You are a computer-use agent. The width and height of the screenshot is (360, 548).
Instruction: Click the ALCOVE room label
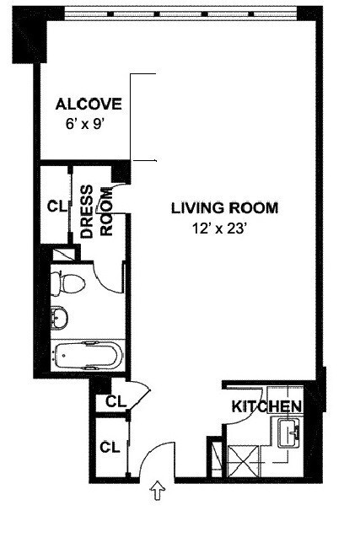click(x=89, y=105)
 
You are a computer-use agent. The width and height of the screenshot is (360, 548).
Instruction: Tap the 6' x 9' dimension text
click(x=89, y=122)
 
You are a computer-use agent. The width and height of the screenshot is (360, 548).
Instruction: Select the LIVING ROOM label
click(x=224, y=207)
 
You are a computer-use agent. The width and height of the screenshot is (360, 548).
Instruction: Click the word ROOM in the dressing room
click(x=106, y=214)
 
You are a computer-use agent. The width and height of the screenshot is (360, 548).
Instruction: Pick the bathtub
click(x=89, y=355)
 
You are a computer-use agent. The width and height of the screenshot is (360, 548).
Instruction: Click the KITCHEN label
click(x=266, y=407)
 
